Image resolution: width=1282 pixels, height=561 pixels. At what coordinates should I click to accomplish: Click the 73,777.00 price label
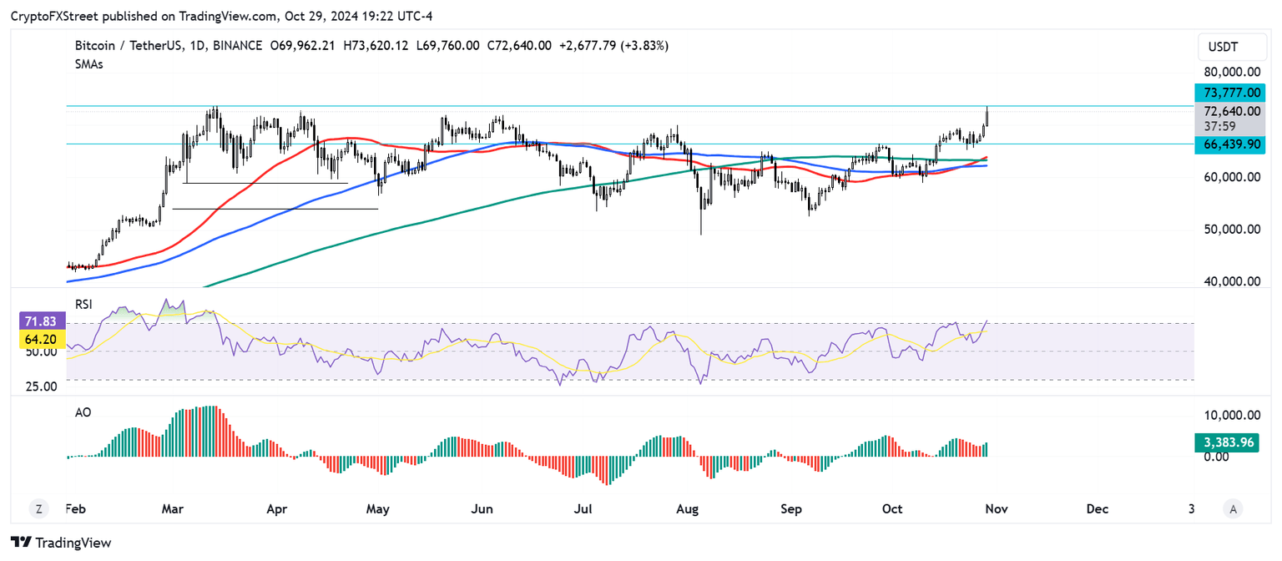[x=1232, y=93]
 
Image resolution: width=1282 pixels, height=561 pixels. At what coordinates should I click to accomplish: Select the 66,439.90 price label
[x=1232, y=144]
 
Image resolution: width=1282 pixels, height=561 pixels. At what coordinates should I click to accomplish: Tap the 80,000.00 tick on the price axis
[x=1232, y=73]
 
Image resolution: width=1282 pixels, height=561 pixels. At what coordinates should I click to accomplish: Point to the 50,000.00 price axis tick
[x=1232, y=230]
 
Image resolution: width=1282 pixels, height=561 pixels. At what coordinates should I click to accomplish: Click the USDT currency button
[x=1231, y=47]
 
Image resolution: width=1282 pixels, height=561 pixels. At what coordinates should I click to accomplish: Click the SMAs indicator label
[x=88, y=64]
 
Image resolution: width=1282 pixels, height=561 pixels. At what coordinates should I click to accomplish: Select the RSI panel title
[x=83, y=306]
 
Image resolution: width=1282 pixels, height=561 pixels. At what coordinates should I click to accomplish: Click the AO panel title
[x=82, y=412]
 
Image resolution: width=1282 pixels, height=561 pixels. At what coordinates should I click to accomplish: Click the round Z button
[x=38, y=508]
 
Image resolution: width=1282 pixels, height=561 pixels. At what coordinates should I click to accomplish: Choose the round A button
[x=1232, y=508]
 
